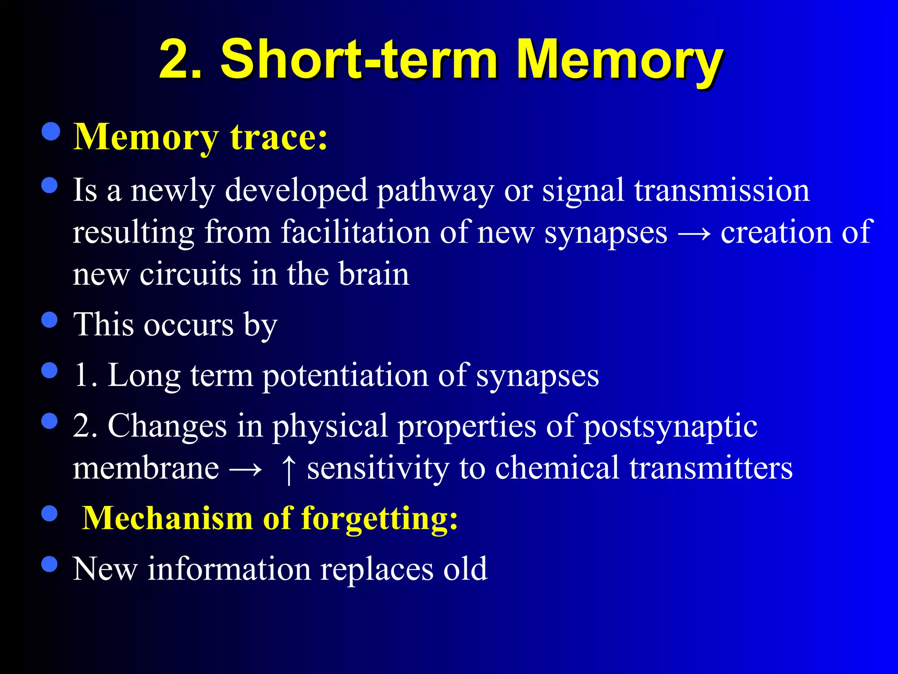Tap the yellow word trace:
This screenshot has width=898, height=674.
[x=279, y=137]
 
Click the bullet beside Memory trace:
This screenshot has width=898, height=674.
[x=51, y=131]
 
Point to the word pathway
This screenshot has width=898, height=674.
[x=435, y=191]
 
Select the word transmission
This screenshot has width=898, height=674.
[x=722, y=191]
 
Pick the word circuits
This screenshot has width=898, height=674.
[x=190, y=274]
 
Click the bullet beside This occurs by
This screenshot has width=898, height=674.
[x=50, y=319]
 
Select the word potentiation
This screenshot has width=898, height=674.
[x=345, y=376]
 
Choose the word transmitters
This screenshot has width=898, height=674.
[x=711, y=468]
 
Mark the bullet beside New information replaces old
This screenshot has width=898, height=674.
[x=50, y=564]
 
